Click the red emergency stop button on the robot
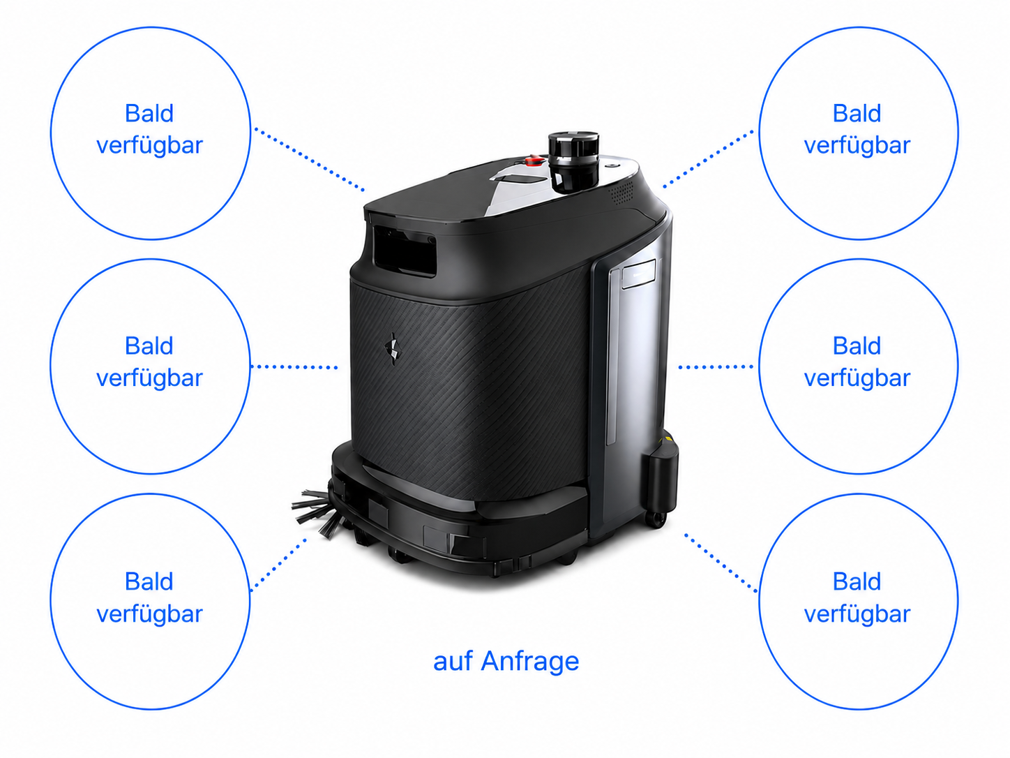point(534,161)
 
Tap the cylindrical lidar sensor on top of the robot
point(573,162)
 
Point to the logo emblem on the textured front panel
point(393,349)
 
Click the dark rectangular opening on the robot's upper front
point(405,250)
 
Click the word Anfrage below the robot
point(529,662)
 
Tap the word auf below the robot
point(453,662)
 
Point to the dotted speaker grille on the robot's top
point(621,193)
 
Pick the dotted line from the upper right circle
point(708,158)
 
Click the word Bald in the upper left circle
point(149,113)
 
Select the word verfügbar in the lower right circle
point(857,614)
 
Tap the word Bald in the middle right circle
point(857,345)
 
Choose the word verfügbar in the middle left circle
point(149,378)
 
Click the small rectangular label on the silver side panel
point(639,274)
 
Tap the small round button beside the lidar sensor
point(613,165)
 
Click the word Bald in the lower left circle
point(149,581)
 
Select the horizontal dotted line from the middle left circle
point(294,367)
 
